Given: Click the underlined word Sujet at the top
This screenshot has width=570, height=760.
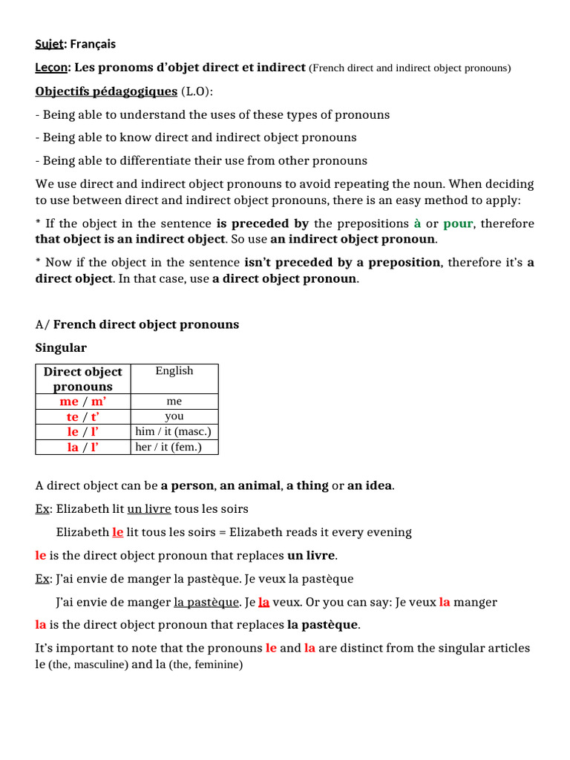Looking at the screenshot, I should click(x=50, y=45).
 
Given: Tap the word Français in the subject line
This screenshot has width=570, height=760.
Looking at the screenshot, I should click(x=92, y=45).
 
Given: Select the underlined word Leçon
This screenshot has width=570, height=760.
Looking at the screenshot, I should click(x=51, y=68).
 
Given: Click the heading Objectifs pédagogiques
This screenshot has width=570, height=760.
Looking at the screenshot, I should click(x=106, y=91).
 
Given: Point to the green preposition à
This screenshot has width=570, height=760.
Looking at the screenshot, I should click(x=417, y=223).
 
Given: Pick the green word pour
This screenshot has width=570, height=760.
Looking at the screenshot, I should click(x=458, y=223).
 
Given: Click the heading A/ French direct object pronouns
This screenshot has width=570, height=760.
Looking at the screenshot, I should click(x=137, y=324).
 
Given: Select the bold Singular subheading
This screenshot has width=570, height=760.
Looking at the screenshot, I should click(x=61, y=347).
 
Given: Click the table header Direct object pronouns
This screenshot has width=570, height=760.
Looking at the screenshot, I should click(x=83, y=379).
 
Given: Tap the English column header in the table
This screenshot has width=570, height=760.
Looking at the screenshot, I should click(x=174, y=371).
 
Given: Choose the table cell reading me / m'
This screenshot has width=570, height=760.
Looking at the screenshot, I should click(x=83, y=402).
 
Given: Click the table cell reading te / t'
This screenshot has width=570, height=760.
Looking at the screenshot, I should click(x=83, y=416).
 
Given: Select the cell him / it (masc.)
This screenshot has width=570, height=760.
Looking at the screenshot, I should click(x=174, y=431).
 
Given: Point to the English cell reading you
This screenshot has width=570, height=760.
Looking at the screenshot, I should click(x=174, y=416).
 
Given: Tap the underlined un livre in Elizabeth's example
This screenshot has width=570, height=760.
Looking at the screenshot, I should click(x=149, y=509).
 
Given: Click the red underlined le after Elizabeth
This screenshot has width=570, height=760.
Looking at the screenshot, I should click(x=118, y=532).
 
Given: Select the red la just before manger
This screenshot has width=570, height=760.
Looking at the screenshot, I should click(x=445, y=602).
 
